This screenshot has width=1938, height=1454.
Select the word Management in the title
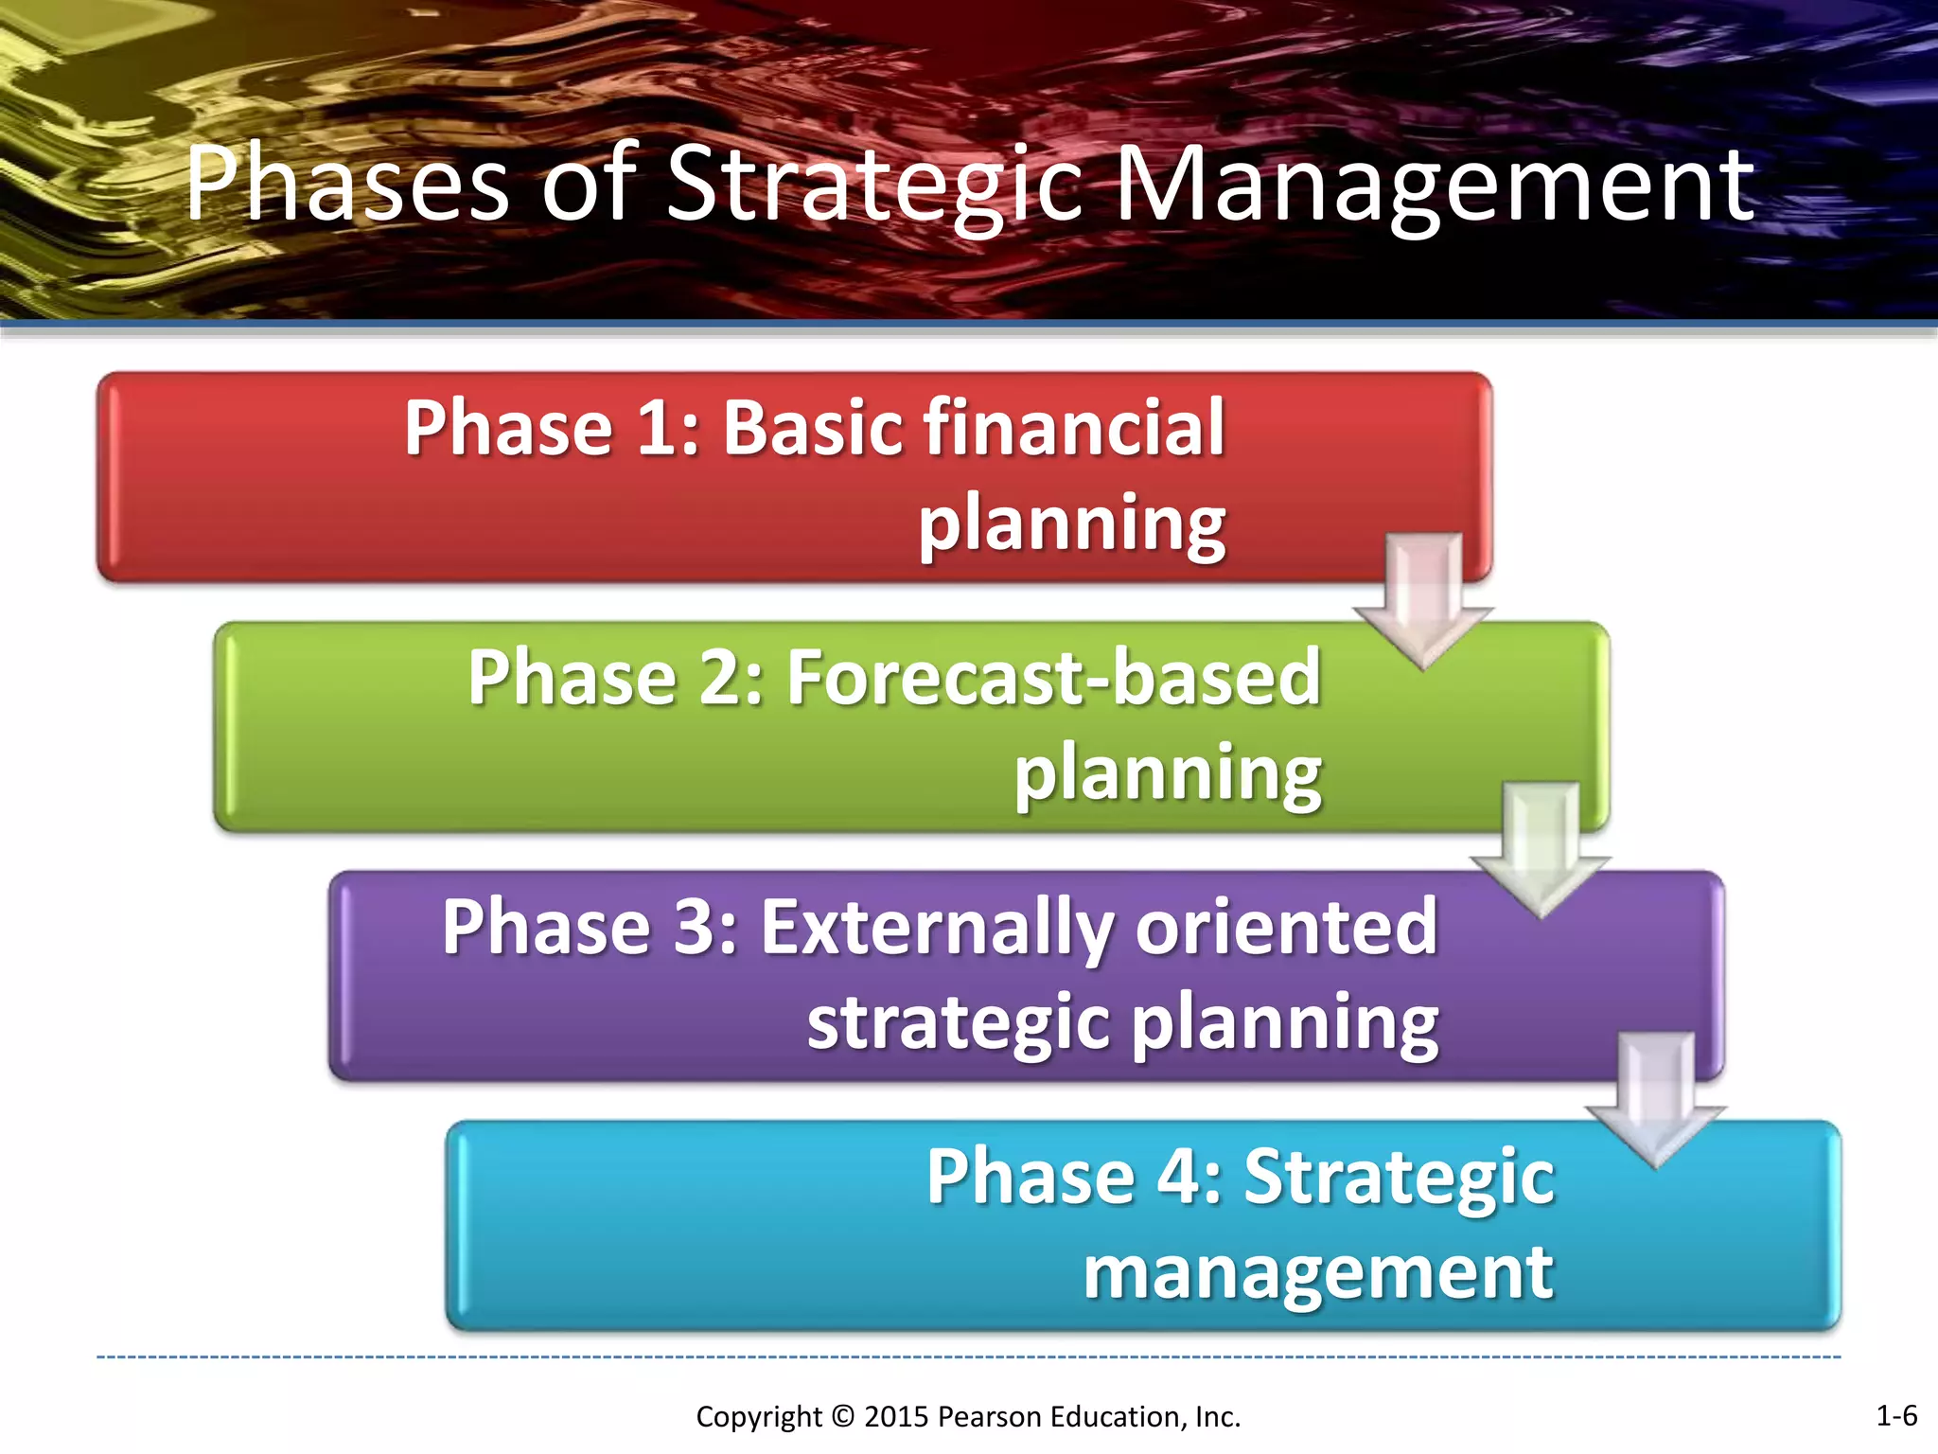coord(1435,185)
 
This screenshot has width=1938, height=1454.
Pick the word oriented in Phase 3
coord(1287,928)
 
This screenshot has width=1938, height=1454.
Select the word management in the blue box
coord(1318,1273)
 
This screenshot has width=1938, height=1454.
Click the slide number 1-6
coord(1895,1416)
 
